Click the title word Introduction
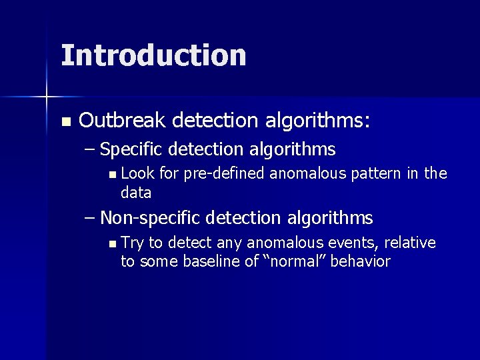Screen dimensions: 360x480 point(153,55)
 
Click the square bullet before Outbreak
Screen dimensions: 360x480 point(65,122)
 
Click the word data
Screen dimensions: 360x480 point(136,193)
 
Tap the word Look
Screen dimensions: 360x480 point(137,175)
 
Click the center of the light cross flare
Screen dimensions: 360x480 point(46,97)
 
